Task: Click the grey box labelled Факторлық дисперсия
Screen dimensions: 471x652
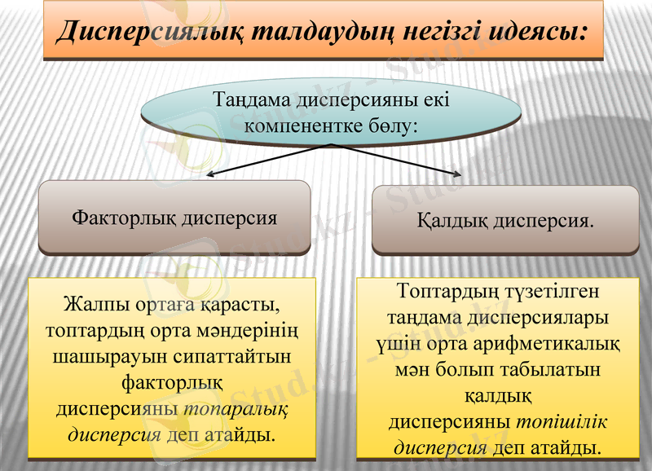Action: (x=174, y=218)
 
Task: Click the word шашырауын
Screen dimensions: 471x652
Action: (x=101, y=356)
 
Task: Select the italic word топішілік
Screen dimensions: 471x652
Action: (x=562, y=421)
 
